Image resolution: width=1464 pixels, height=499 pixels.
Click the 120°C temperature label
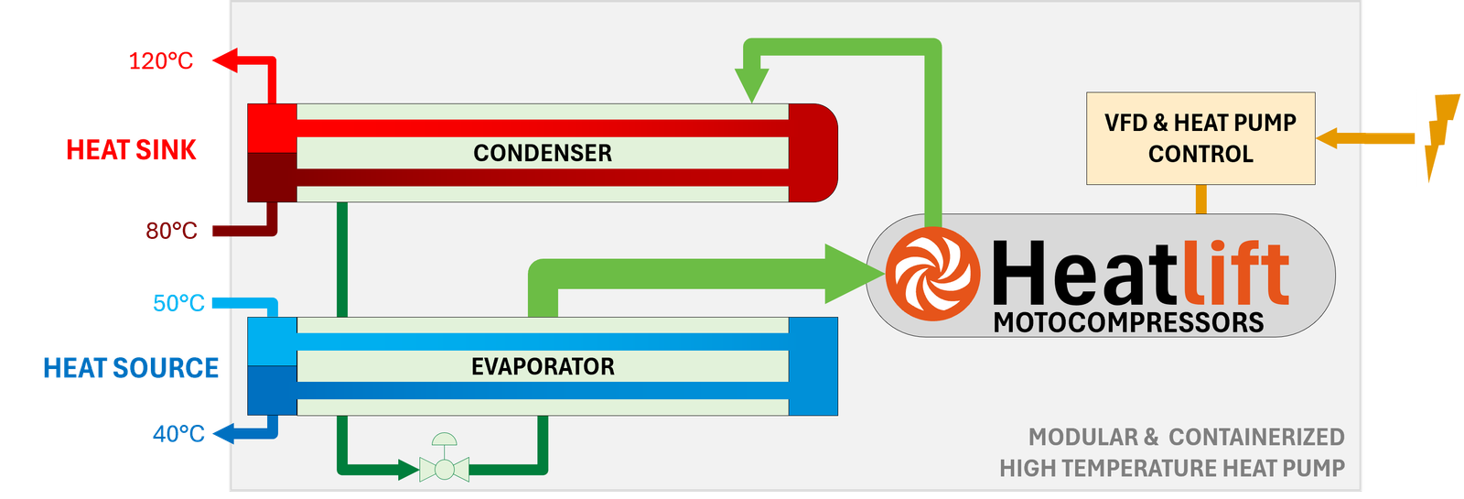pyautogui.click(x=160, y=61)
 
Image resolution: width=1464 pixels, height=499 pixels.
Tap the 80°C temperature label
pyautogui.click(x=171, y=231)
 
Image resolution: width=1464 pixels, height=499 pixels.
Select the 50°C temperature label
pyautogui.click(x=178, y=303)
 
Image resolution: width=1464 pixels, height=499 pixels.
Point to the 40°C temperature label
pyautogui.click(x=178, y=433)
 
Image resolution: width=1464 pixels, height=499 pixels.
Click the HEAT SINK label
pyautogui.click(x=132, y=149)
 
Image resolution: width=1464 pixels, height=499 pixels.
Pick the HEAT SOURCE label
pyautogui.click(x=131, y=368)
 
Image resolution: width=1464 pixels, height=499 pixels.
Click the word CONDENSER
pyautogui.click(x=543, y=153)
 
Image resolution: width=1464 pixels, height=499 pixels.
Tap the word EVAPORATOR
pyautogui.click(x=543, y=367)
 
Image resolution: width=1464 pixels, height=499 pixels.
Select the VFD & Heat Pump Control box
pyautogui.click(x=1200, y=138)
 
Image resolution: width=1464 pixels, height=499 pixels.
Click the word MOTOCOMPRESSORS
pyautogui.click(x=1128, y=323)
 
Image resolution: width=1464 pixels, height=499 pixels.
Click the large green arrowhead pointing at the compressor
pyautogui.click(x=850, y=274)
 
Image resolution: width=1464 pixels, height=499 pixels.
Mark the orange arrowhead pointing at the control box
pyautogui.click(x=1329, y=138)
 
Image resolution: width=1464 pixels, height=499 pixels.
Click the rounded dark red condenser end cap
pyautogui.click(x=813, y=153)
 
